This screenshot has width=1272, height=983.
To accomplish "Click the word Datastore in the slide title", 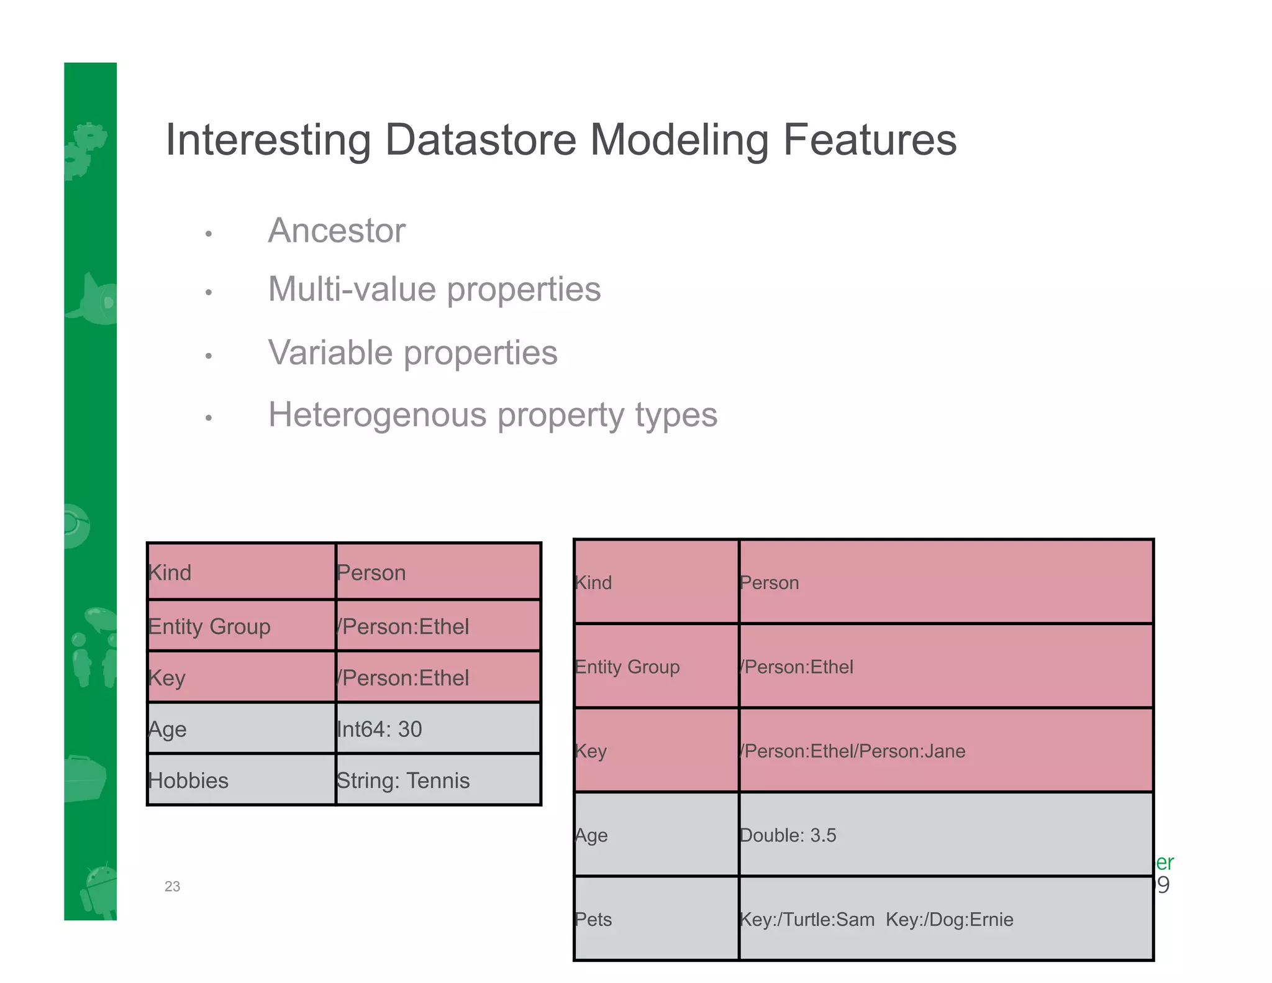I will tap(480, 140).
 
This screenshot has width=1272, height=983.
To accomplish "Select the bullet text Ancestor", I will tap(336, 231).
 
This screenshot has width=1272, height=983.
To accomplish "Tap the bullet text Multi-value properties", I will tap(434, 290).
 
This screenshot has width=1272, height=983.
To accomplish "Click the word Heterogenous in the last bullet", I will tap(378, 415).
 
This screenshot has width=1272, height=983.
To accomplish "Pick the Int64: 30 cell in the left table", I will tap(379, 729).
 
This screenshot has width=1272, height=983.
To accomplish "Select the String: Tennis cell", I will tap(402, 780).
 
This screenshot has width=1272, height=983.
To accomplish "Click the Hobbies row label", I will tap(188, 780).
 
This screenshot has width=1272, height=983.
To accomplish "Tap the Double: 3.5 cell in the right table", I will tap(788, 835).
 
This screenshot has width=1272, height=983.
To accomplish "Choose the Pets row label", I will tap(593, 919).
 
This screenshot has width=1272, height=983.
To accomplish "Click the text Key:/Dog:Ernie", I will tap(949, 919).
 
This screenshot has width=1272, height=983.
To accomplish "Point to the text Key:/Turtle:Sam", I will tap(807, 919).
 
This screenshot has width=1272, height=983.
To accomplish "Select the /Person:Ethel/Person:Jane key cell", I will tap(852, 751).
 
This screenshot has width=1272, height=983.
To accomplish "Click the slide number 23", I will tap(172, 887).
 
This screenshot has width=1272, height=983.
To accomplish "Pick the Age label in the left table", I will tap(167, 729).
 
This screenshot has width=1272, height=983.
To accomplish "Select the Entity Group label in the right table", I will tap(627, 667).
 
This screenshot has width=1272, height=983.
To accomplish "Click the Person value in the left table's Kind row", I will tap(371, 572).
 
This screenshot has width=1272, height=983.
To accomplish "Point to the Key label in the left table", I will tap(166, 678).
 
